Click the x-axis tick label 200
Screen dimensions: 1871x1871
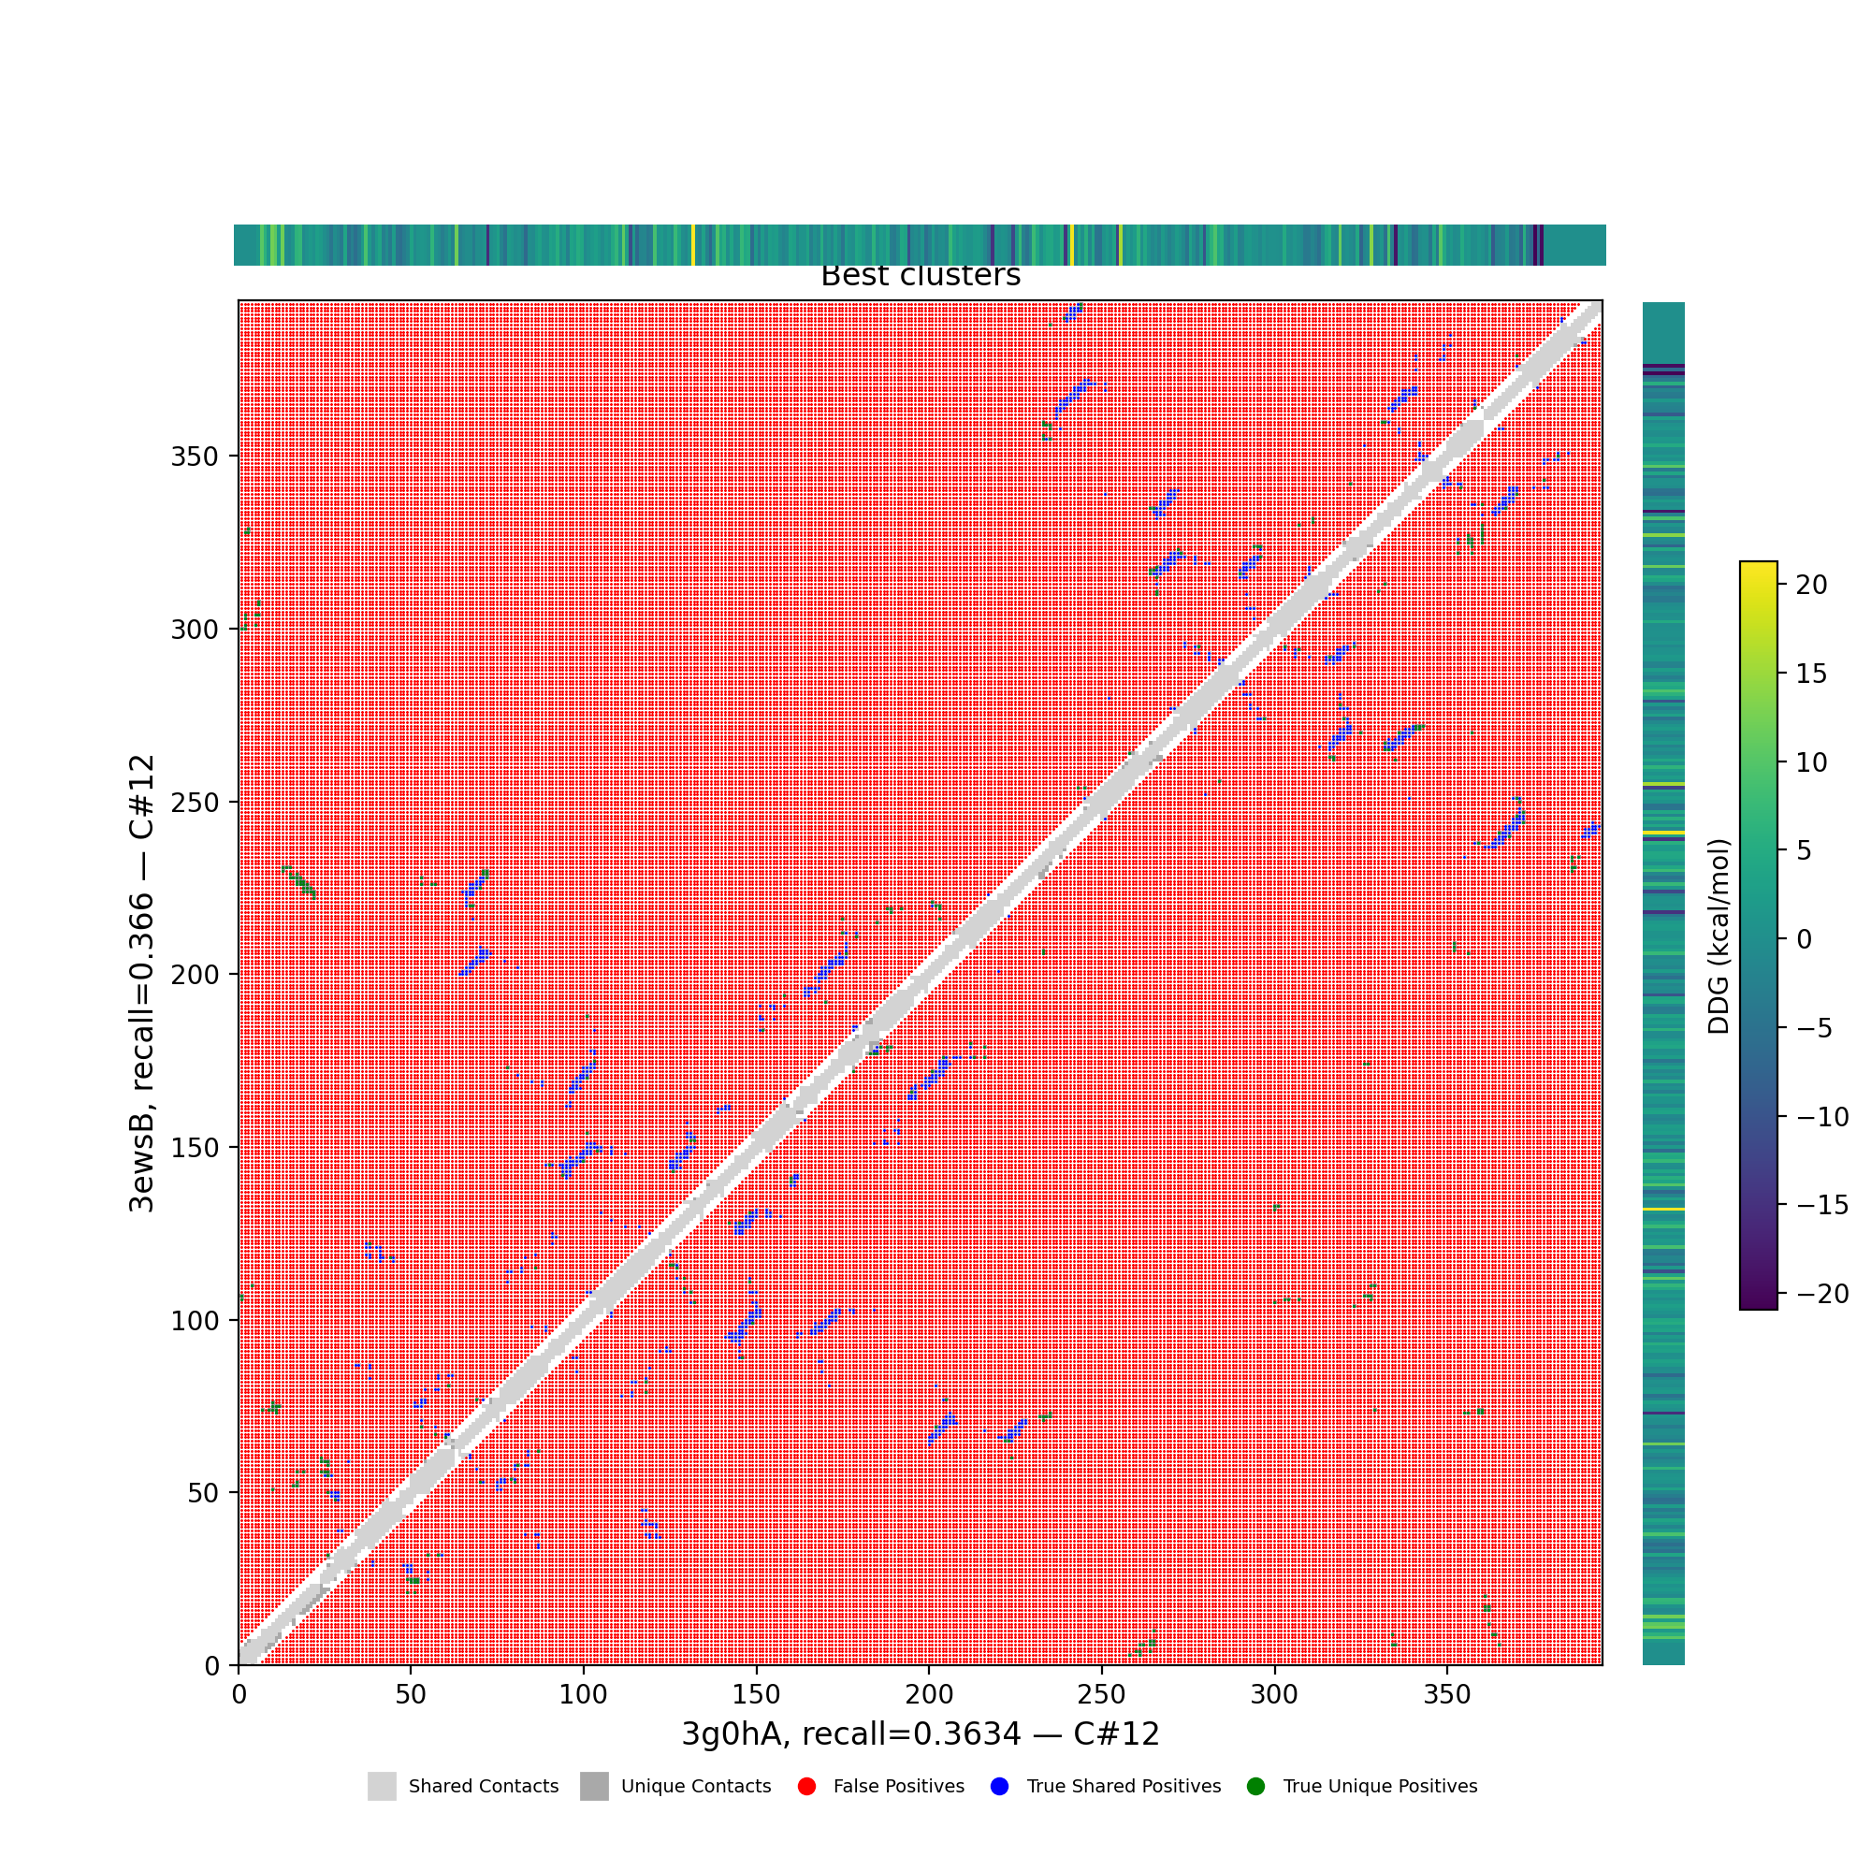point(929,1695)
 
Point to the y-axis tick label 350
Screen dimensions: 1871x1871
point(195,457)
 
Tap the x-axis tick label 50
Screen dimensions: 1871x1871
point(411,1695)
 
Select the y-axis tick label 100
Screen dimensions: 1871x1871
point(195,1320)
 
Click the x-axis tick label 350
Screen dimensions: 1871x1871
point(1447,1695)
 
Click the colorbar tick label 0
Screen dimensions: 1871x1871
point(1805,938)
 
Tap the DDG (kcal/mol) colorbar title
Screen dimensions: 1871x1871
point(1719,936)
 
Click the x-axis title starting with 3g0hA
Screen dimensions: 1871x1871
point(920,1734)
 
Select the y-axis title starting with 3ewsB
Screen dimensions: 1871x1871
point(142,983)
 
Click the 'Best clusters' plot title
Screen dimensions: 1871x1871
point(920,276)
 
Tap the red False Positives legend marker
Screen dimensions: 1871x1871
point(806,1787)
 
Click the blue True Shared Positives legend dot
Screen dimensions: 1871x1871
point(999,1787)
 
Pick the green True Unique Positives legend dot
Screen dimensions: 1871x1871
point(1256,1787)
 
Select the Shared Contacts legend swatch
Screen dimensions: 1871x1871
point(382,1787)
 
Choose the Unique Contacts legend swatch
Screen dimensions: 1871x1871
point(595,1787)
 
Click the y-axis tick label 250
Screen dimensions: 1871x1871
point(195,802)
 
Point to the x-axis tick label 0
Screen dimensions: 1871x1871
point(239,1695)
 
